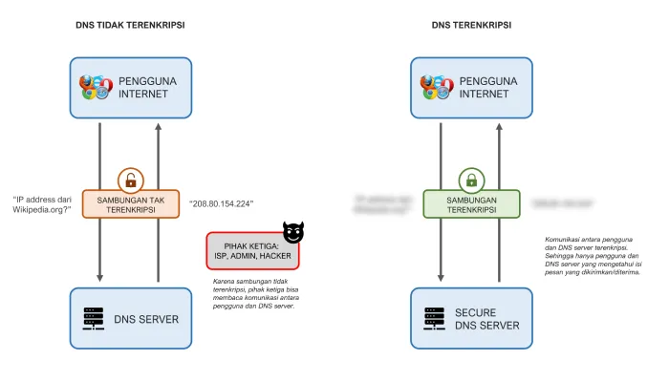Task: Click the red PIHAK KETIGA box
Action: [252, 250]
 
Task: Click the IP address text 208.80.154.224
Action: [221, 203]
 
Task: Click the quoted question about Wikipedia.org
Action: [43, 206]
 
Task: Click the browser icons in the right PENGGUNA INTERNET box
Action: [436, 88]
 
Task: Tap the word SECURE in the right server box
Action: [475, 312]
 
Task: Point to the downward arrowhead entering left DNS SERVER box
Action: [99, 278]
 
